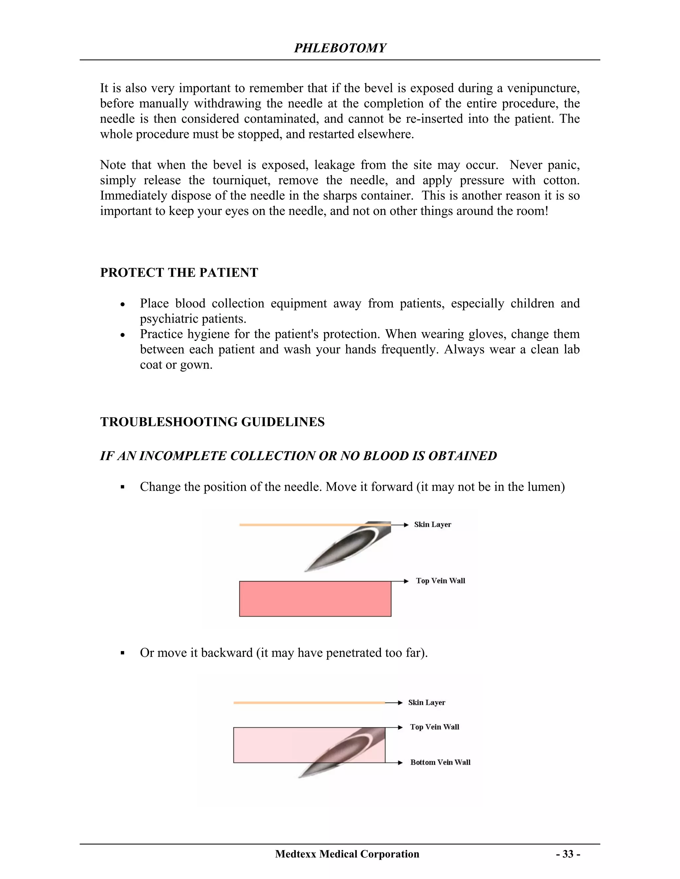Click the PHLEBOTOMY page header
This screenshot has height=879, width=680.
click(x=340, y=48)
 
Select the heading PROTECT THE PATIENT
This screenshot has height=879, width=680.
click(x=179, y=272)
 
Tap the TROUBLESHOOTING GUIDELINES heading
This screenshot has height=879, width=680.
click(x=212, y=422)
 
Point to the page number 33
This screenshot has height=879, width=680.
click(x=568, y=854)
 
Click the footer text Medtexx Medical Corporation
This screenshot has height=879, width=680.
click(x=347, y=854)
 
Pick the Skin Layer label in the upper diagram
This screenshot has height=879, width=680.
click(x=432, y=524)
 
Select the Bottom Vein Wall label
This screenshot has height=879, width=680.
click(x=440, y=762)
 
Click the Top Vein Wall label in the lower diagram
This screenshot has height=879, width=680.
click(x=434, y=727)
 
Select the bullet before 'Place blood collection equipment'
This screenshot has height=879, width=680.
click(x=123, y=304)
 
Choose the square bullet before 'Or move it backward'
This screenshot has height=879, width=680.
click(x=123, y=653)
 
